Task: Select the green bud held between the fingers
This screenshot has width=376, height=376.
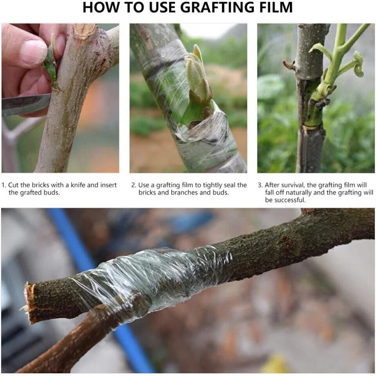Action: coord(51,64)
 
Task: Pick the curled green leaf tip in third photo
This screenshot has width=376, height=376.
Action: coord(358,66)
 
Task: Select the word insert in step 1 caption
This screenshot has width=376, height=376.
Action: coord(108,185)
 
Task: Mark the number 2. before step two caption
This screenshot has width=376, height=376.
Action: coord(134,185)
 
